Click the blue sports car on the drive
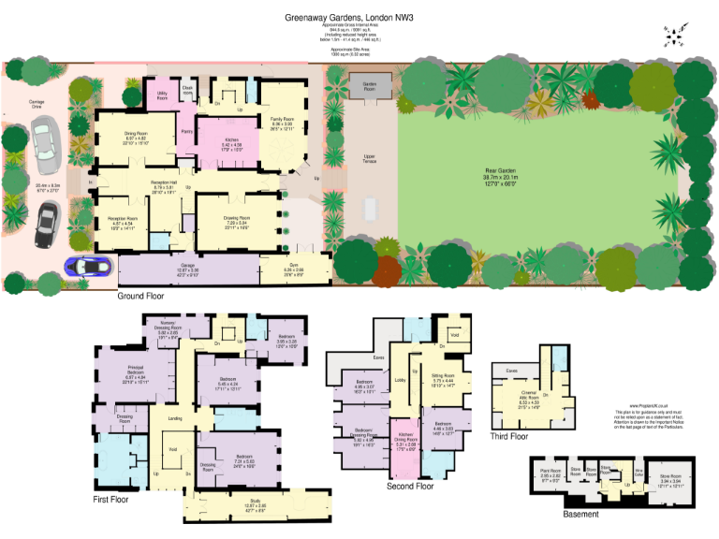tap(86, 266)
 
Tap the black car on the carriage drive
tap(46, 226)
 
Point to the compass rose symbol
tap(673, 36)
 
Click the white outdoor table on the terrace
tap(370, 207)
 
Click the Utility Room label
tap(162, 96)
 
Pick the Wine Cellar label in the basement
tap(639, 473)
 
